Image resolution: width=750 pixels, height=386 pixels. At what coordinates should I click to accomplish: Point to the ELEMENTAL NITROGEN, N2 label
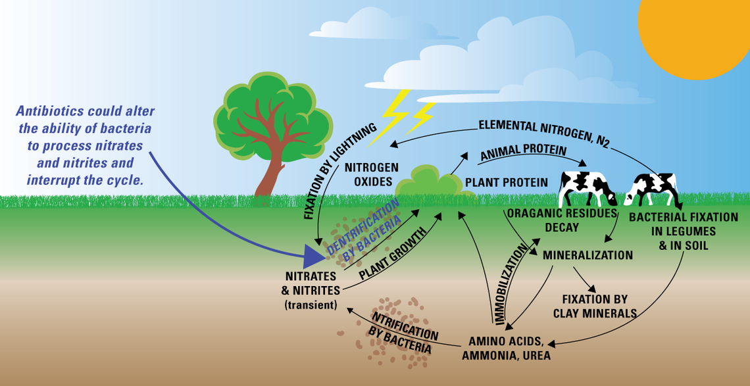click(x=545, y=132)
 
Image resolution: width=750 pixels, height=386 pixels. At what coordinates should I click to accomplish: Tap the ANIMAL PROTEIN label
click(x=523, y=153)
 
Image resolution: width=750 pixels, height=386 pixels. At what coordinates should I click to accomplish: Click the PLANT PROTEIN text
click(x=507, y=182)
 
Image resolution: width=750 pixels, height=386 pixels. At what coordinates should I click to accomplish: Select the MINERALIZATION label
click(x=587, y=255)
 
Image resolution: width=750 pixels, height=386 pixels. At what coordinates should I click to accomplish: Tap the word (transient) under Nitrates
click(x=311, y=304)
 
